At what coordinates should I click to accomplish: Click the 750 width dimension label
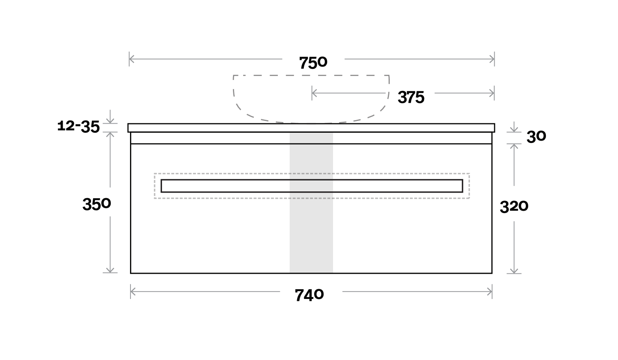[313, 63]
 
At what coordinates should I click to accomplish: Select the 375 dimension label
[411, 97]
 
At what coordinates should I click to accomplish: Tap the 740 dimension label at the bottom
[309, 295]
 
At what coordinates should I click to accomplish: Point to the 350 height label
[97, 204]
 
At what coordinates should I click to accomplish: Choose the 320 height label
[514, 206]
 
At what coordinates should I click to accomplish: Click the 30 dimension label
[536, 137]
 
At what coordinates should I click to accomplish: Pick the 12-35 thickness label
[78, 126]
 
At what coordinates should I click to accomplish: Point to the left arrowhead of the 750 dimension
[131, 59]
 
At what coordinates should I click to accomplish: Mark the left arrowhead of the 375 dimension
[314, 93]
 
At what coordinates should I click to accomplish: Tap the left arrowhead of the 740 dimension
[133, 292]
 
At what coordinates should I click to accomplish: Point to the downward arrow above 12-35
[110, 121]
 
